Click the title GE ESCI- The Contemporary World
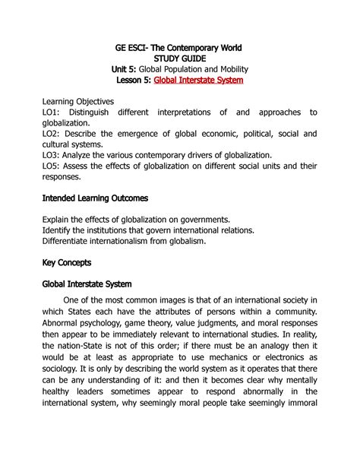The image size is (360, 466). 179,48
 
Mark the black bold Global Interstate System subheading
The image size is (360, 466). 87,284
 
